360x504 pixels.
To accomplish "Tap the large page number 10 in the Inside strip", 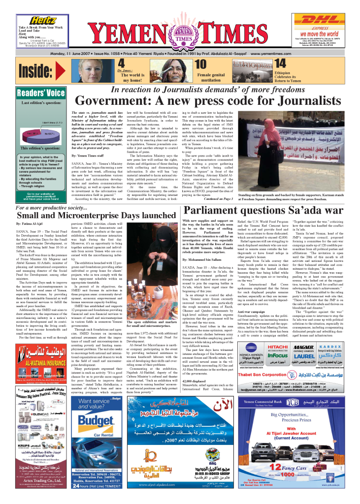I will pos(201,64).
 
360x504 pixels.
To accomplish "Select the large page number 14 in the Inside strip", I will pos(280,63).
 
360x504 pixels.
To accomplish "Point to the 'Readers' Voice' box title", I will pos(41,93).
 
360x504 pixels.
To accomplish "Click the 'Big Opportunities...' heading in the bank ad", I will pos(298,415).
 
